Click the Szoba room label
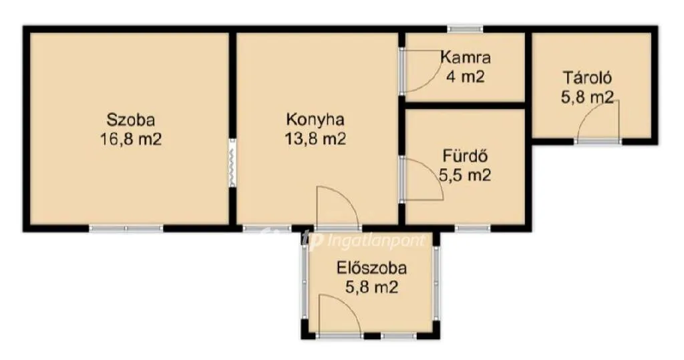[131, 119]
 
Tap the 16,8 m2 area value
[131, 139]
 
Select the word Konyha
[315, 120]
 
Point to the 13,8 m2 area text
[315, 139]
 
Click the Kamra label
[466, 57]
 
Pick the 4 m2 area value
[465, 77]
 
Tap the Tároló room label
[587, 77]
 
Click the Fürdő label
[465, 156]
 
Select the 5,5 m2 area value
[465, 175]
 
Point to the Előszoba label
[371, 267]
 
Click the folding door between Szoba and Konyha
[232, 163]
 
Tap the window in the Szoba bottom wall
[126, 228]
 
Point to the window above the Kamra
[466, 29]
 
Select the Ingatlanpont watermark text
[363, 240]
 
